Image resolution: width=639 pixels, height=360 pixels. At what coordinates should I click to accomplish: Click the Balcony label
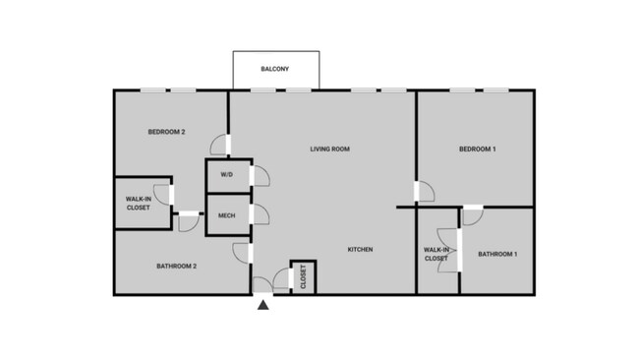(274, 69)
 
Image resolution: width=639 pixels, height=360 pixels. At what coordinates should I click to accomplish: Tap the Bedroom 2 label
(167, 132)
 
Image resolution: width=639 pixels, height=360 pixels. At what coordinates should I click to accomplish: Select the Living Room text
(330, 150)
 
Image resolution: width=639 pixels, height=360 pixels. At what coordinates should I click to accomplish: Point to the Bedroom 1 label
(477, 150)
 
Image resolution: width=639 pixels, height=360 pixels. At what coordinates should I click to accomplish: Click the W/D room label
(226, 175)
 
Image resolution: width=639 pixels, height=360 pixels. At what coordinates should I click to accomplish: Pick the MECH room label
(226, 215)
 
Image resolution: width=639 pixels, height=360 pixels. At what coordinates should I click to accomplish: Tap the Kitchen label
(360, 250)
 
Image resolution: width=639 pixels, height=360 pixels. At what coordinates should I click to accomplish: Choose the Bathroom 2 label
(177, 266)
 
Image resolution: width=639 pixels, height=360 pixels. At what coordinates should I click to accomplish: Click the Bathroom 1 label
(497, 255)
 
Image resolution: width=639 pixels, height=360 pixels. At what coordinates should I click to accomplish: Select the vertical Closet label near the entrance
(303, 277)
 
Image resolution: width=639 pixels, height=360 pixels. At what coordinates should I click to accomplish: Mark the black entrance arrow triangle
(263, 305)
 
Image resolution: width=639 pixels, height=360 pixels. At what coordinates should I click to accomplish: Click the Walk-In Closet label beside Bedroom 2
(138, 204)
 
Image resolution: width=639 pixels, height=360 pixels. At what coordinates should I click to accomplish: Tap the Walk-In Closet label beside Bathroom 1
(436, 254)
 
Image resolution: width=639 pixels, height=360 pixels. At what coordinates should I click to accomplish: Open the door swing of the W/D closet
(261, 176)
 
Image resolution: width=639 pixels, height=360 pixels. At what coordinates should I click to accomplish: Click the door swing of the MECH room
(261, 214)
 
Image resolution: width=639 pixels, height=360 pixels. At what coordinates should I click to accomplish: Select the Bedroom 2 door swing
(219, 146)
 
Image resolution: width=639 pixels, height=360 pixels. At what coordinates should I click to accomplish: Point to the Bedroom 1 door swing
(425, 192)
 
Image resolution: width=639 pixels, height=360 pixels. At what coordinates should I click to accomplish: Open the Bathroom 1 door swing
(472, 216)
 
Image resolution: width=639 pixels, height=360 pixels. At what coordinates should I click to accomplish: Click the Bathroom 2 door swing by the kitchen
(242, 252)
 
